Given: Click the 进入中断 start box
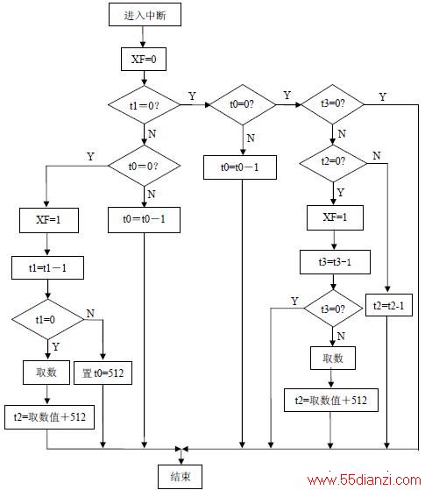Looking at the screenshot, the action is coord(145,14).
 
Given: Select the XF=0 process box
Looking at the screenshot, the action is coord(144,59).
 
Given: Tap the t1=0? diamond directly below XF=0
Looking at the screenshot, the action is coord(144,104).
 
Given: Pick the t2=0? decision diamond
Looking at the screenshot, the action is coord(333,163).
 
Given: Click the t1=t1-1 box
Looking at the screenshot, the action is coord(47,268).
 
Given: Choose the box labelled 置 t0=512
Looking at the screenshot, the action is coord(103,373).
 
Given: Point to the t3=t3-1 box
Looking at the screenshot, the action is coord(335,262).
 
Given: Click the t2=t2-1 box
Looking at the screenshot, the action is coord(389,305).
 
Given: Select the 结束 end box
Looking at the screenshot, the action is coord(180,477).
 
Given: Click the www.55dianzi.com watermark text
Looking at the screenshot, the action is coord(364,480).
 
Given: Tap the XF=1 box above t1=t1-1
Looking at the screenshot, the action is coord(49,220).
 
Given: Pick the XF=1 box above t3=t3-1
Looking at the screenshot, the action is coord(335,217).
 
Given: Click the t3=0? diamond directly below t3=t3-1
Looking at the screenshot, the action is coord(333,309).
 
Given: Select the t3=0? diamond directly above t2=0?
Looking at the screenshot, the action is coord(333,104).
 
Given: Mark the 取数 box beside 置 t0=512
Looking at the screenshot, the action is coord(46,373).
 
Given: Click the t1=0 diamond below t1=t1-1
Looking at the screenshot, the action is coord(48,319).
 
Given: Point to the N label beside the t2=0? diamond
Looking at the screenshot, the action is coord(377,155).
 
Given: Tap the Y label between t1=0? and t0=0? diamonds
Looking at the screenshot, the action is coord(192,96).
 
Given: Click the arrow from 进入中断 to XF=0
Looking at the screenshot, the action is coord(143,37).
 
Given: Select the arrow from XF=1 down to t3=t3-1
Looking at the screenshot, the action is coord(334,240).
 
